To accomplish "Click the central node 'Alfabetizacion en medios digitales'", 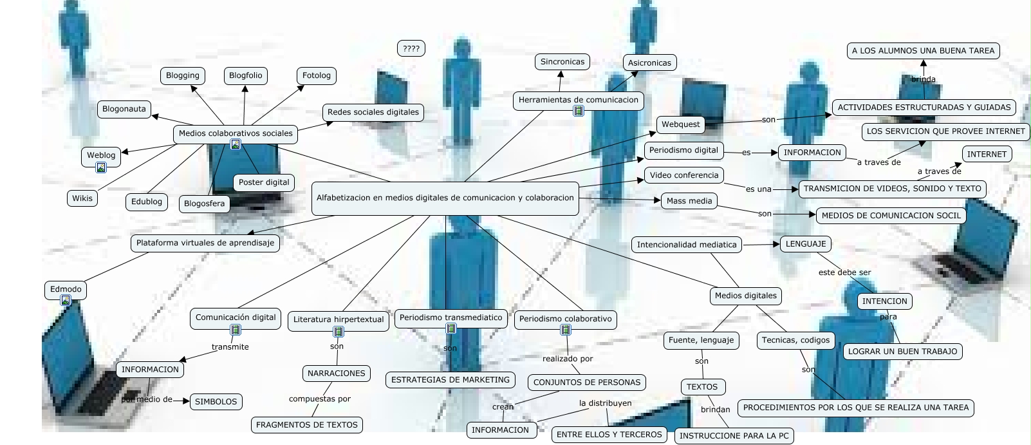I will [x=445, y=198].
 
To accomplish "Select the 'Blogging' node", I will [x=183, y=75].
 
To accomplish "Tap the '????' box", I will [x=411, y=48].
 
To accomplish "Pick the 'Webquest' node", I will [x=680, y=124].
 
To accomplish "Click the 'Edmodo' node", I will [x=66, y=289].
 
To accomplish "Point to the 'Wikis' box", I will [x=82, y=198].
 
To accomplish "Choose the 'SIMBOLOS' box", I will [x=216, y=401].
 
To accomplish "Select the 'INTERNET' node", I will [x=987, y=154].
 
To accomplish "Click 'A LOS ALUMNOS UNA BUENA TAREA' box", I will [x=923, y=50].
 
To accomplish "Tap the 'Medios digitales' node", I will [x=746, y=296].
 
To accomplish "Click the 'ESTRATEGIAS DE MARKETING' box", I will [x=450, y=380].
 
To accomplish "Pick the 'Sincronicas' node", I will [x=562, y=62].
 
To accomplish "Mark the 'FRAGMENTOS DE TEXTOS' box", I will [x=307, y=425].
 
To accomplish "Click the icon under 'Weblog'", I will [x=101, y=168].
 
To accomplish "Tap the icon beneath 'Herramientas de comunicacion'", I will [x=579, y=111].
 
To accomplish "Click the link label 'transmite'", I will [x=230, y=347].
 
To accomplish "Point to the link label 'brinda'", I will [x=924, y=79].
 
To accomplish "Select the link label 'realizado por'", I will [x=568, y=359].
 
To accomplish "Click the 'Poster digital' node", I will [x=264, y=182].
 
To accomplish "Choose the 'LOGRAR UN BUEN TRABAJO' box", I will [x=903, y=351].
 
